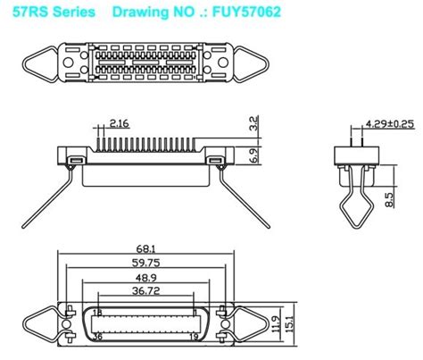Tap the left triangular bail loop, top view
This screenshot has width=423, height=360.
click(28, 63)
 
